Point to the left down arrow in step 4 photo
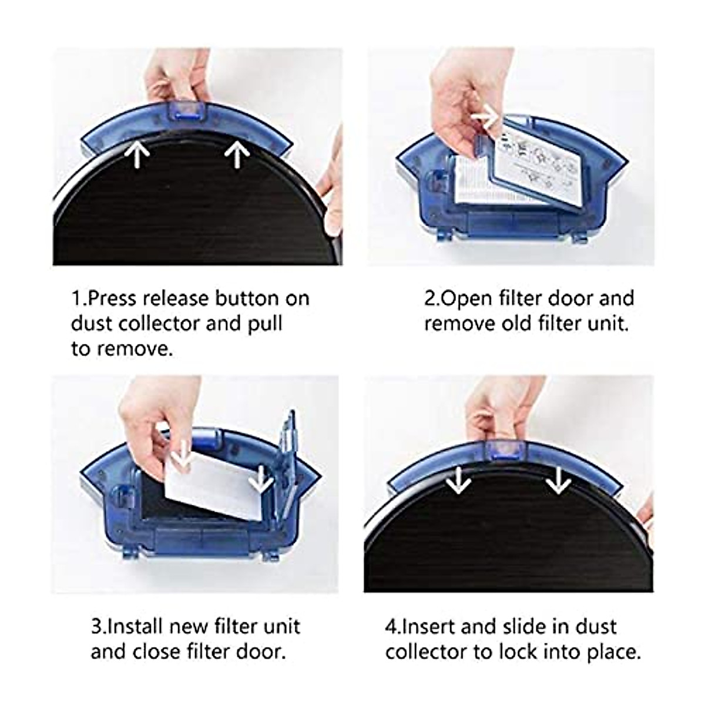pos(458,482)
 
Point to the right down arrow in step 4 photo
pos(558,482)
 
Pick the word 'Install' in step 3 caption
pos(135,626)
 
